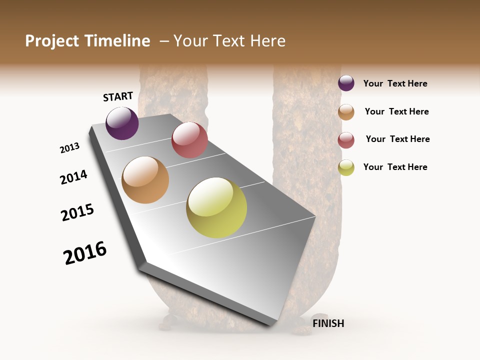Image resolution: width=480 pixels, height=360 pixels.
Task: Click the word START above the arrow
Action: pyautogui.click(x=118, y=96)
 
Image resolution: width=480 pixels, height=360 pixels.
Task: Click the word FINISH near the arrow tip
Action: pyautogui.click(x=328, y=323)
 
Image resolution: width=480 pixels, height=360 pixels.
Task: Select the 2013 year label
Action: pyautogui.click(x=69, y=148)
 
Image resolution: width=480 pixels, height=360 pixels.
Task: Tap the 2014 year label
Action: pyautogui.click(x=73, y=177)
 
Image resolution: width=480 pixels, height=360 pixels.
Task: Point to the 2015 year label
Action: pyautogui.click(x=77, y=212)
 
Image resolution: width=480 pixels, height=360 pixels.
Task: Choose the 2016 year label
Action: pyautogui.click(x=85, y=253)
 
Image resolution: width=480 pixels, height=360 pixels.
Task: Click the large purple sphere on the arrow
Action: pyautogui.click(x=122, y=123)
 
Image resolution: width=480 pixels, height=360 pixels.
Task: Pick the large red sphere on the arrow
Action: pyautogui.click(x=189, y=140)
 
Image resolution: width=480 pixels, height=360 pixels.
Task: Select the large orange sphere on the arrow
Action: pyautogui.click(x=145, y=180)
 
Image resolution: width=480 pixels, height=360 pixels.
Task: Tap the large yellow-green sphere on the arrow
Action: pyautogui.click(x=216, y=207)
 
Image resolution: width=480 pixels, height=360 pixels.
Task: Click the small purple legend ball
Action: pyautogui.click(x=346, y=83)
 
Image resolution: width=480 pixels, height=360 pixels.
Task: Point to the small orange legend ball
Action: pyautogui.click(x=346, y=112)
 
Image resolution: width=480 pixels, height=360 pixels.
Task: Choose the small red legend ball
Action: pyautogui.click(x=346, y=140)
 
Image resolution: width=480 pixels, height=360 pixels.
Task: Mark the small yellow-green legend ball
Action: pyautogui.click(x=346, y=167)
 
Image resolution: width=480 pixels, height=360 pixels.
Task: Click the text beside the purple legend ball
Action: pyautogui.click(x=395, y=83)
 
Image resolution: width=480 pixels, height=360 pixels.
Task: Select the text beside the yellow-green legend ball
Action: pyautogui.click(x=395, y=167)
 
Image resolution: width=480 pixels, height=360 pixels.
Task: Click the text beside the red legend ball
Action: pyautogui.click(x=397, y=139)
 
